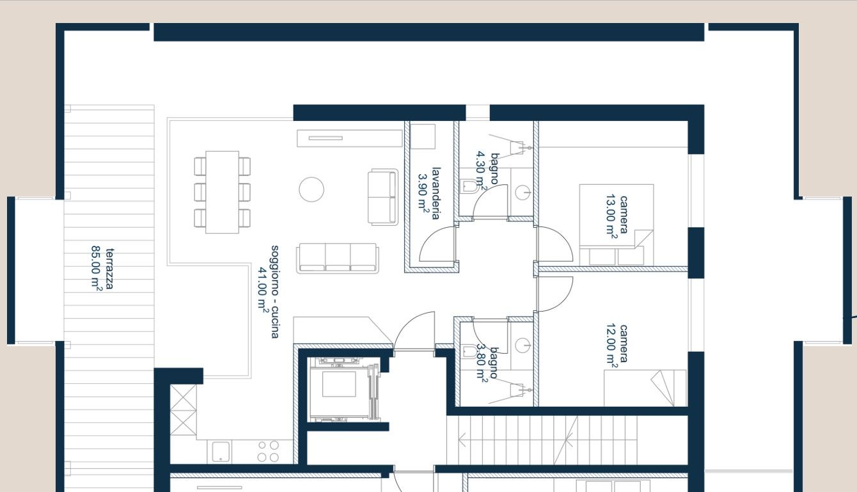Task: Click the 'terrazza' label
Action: pos(110,269)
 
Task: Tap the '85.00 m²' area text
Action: pos(96,267)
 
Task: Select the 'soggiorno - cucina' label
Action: pos(275,292)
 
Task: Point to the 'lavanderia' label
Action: pos(436,193)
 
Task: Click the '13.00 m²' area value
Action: pos(611,217)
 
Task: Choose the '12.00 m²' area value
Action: pos(611,346)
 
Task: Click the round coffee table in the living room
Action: pos(311,189)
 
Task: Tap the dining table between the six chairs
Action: pos(223,192)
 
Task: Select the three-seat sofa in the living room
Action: pos(338,258)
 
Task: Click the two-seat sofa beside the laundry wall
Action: pos(383,197)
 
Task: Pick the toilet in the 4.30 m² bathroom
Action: pos(469,186)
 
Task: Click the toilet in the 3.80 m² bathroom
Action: pos(469,351)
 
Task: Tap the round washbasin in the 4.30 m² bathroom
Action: pos(523,192)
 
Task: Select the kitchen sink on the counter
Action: pos(221,452)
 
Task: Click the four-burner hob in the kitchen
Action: pos(268,451)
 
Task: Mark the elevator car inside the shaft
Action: pos(340,384)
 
